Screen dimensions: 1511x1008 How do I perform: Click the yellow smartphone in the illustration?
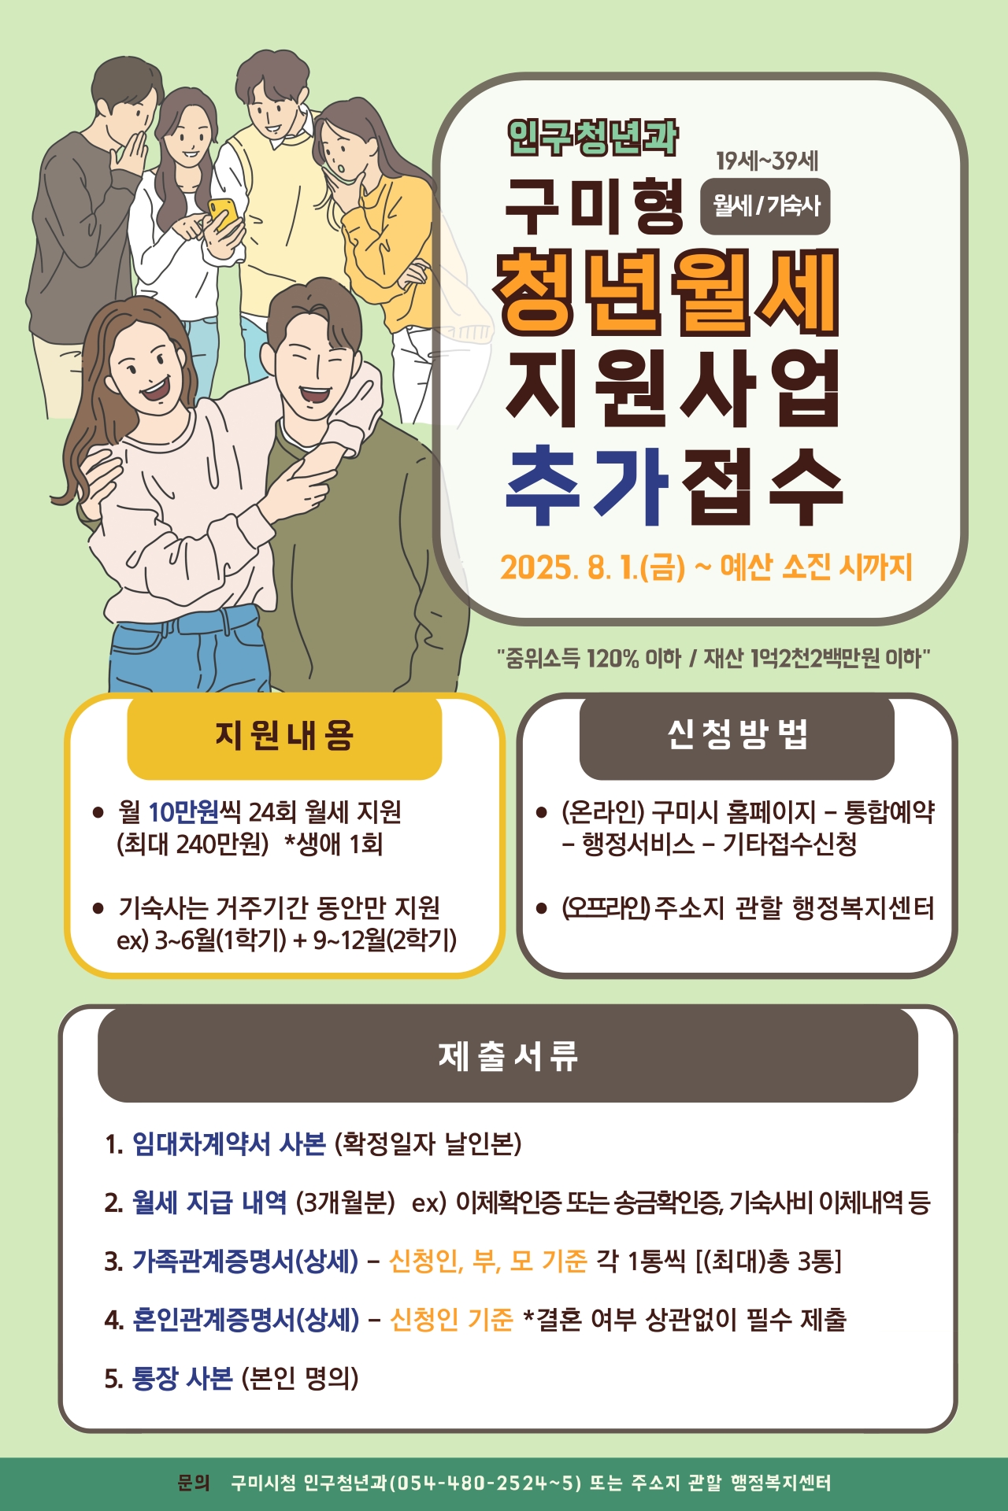point(223,213)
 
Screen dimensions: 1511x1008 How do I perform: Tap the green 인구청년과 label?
point(592,138)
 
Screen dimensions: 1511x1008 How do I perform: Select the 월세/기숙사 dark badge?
point(765,206)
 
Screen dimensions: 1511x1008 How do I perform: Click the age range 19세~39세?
point(767,161)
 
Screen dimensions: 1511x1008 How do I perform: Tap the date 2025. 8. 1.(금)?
point(592,567)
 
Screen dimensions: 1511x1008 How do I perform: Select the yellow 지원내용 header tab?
point(284,736)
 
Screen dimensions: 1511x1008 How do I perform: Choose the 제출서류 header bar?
point(508,1055)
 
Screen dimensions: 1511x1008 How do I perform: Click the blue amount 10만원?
point(183,811)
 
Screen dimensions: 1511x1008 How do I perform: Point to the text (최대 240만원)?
point(193,844)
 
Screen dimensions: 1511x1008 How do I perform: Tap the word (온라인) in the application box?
point(602,811)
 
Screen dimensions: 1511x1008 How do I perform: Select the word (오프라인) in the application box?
point(606,908)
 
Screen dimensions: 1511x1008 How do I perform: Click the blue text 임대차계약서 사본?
point(228,1143)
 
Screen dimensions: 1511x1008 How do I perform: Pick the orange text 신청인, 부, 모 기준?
point(488,1261)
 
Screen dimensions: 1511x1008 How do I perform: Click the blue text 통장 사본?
point(182,1378)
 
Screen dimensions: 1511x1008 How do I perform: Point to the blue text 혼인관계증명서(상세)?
point(246,1320)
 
